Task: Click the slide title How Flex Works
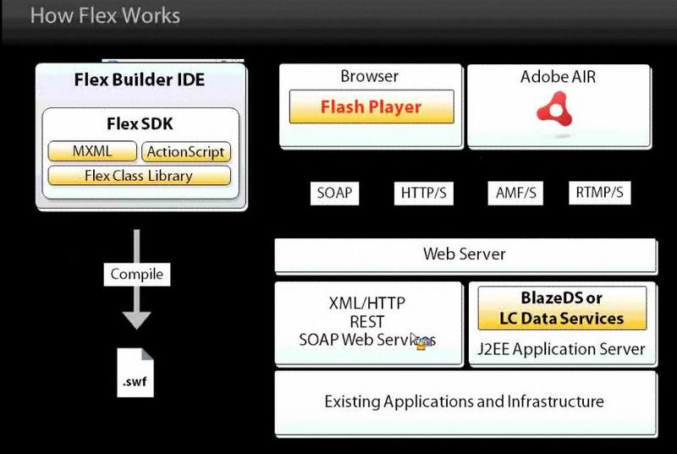(x=104, y=15)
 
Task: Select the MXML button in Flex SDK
(x=92, y=152)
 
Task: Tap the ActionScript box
(x=185, y=152)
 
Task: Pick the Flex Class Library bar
(x=139, y=176)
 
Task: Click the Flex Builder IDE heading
(x=140, y=82)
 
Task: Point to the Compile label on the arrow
(x=136, y=275)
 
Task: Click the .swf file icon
(x=135, y=373)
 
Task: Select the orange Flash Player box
(x=371, y=107)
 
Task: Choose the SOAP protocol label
(x=334, y=193)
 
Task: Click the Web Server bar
(x=465, y=254)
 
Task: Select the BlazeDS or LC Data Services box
(x=562, y=309)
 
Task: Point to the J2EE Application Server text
(x=562, y=348)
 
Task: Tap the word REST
(x=366, y=322)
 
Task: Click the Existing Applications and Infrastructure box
(x=465, y=402)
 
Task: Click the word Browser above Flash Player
(x=369, y=76)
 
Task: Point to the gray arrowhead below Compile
(x=135, y=319)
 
